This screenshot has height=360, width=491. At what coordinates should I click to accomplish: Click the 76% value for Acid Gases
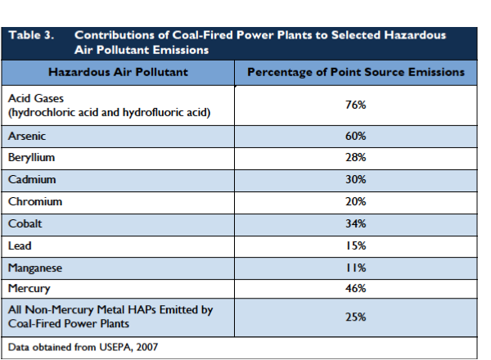click(x=355, y=105)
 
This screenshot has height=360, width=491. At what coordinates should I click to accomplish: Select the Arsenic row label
click(x=25, y=135)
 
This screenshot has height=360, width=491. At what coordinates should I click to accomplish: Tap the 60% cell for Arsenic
click(x=355, y=135)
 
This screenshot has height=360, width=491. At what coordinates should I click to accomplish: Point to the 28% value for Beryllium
click(x=355, y=157)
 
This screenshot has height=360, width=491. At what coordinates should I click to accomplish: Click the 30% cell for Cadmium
click(x=355, y=179)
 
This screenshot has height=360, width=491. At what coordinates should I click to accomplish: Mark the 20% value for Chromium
click(x=355, y=201)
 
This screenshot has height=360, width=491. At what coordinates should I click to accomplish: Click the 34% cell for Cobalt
click(x=355, y=223)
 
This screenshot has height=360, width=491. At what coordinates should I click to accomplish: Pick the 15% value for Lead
click(x=355, y=245)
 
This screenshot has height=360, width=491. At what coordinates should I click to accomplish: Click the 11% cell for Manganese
click(x=355, y=267)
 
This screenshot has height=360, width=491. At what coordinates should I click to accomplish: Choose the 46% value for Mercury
click(x=355, y=289)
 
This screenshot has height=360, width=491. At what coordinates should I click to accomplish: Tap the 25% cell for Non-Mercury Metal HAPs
click(x=355, y=317)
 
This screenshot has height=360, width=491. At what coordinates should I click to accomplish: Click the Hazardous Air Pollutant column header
click(x=119, y=72)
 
